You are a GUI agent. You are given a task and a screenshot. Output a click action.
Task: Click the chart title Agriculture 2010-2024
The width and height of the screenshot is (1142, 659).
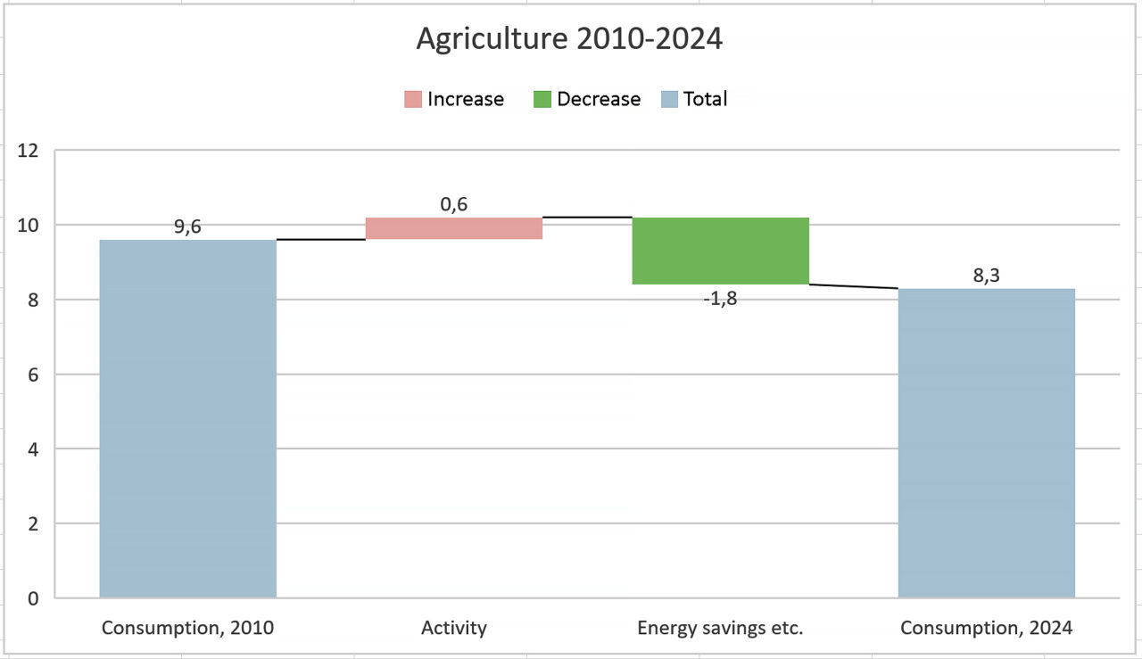pos(569,39)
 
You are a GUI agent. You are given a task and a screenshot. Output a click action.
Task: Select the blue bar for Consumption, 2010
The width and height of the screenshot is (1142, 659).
pos(187,418)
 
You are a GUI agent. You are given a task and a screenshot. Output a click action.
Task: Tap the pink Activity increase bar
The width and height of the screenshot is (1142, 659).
pos(454,228)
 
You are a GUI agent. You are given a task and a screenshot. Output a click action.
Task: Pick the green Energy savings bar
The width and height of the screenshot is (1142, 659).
pos(720,251)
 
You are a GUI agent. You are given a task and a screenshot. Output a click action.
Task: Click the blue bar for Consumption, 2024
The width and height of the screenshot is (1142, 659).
pos(986,442)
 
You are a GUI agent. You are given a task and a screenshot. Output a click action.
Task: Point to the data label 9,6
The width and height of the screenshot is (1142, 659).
pos(187,227)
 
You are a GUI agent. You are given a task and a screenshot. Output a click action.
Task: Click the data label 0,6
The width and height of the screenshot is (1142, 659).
pos(454,204)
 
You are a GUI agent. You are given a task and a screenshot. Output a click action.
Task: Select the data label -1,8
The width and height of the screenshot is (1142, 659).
pos(720,299)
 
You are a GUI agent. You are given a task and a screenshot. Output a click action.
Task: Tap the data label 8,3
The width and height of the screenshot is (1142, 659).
pos(986,276)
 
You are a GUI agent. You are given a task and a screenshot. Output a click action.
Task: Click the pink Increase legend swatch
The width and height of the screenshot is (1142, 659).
pos(412,99)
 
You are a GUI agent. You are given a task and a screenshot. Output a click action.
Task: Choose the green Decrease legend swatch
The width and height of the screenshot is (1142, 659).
pos(542,99)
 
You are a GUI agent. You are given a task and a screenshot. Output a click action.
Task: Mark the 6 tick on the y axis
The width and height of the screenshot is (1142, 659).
pos(32,375)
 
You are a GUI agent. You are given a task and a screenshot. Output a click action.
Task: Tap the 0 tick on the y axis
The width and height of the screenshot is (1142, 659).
pos(32,598)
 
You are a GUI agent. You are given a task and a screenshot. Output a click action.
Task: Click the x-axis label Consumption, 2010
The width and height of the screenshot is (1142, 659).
pos(187,628)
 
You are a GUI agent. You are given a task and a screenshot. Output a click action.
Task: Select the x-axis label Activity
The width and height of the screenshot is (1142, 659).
pos(454,628)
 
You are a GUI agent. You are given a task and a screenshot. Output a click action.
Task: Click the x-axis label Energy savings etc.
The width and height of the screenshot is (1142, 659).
pos(720,628)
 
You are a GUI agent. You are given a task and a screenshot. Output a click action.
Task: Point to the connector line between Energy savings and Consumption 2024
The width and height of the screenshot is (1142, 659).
pos(853,286)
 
